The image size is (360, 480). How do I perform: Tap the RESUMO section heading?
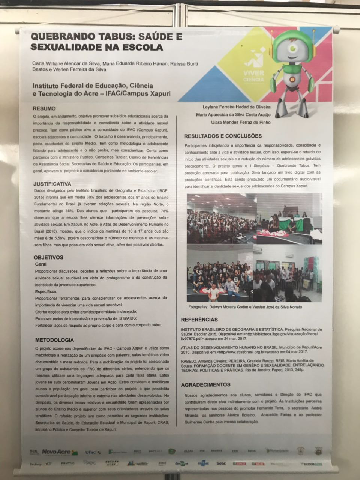[x=44, y=108]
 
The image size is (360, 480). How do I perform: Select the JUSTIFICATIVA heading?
[x=52, y=184]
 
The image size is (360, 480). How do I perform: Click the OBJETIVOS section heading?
[x=48, y=257]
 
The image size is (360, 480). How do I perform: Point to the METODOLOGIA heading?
[x=54, y=340]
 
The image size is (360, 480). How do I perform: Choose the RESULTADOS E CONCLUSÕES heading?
[x=223, y=136]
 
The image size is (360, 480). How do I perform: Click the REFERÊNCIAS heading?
[x=199, y=320]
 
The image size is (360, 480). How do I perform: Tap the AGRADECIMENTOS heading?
[x=205, y=385]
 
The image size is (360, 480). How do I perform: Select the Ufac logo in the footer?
[x=90, y=452]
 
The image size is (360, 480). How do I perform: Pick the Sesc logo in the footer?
[x=221, y=463]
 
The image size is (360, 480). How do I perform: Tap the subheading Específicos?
[x=46, y=291]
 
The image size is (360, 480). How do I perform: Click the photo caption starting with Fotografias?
[x=245, y=307]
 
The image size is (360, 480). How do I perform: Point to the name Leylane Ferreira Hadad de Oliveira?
[x=236, y=107]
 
